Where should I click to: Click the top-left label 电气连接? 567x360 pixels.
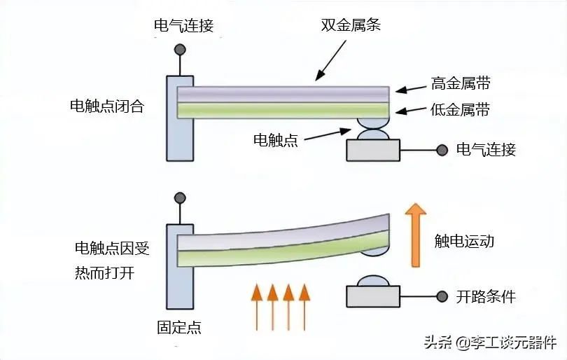(183, 27)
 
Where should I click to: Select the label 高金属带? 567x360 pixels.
(460, 84)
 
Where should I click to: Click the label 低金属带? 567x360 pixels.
(460, 110)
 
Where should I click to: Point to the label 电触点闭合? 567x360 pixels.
(107, 106)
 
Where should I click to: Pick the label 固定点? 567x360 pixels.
(179, 327)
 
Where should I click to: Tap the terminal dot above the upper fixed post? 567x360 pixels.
(181, 50)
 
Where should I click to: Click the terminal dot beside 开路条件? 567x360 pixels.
(442, 296)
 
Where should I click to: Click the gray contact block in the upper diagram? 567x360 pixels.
(372, 151)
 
